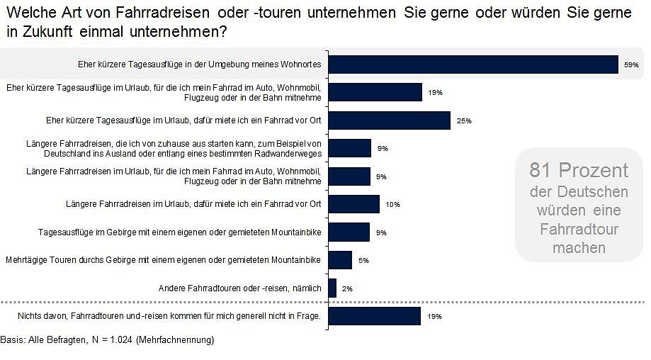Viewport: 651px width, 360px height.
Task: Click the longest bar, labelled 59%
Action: (473, 64)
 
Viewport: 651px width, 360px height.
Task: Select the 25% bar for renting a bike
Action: (390, 120)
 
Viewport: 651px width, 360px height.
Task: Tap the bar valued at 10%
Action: (354, 204)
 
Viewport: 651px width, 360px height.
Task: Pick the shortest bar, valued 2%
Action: (332, 288)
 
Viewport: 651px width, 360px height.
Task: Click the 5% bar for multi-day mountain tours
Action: (340, 260)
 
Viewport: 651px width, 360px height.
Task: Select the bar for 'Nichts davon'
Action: (375, 316)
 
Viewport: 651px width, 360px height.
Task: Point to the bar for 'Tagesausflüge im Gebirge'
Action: (349, 232)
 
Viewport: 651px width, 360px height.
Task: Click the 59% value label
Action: (631, 65)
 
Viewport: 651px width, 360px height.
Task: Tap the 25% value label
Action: (464, 121)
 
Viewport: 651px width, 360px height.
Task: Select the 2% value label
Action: (347, 288)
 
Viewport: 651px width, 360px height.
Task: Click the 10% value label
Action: (392, 205)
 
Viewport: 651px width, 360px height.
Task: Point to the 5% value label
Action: (363, 261)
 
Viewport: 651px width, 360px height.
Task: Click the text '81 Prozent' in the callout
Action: (579, 170)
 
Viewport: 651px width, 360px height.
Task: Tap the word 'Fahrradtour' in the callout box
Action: (579, 229)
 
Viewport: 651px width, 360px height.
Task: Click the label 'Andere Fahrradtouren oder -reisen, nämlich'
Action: (240, 288)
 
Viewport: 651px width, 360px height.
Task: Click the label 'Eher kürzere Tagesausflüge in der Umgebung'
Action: (200, 64)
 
